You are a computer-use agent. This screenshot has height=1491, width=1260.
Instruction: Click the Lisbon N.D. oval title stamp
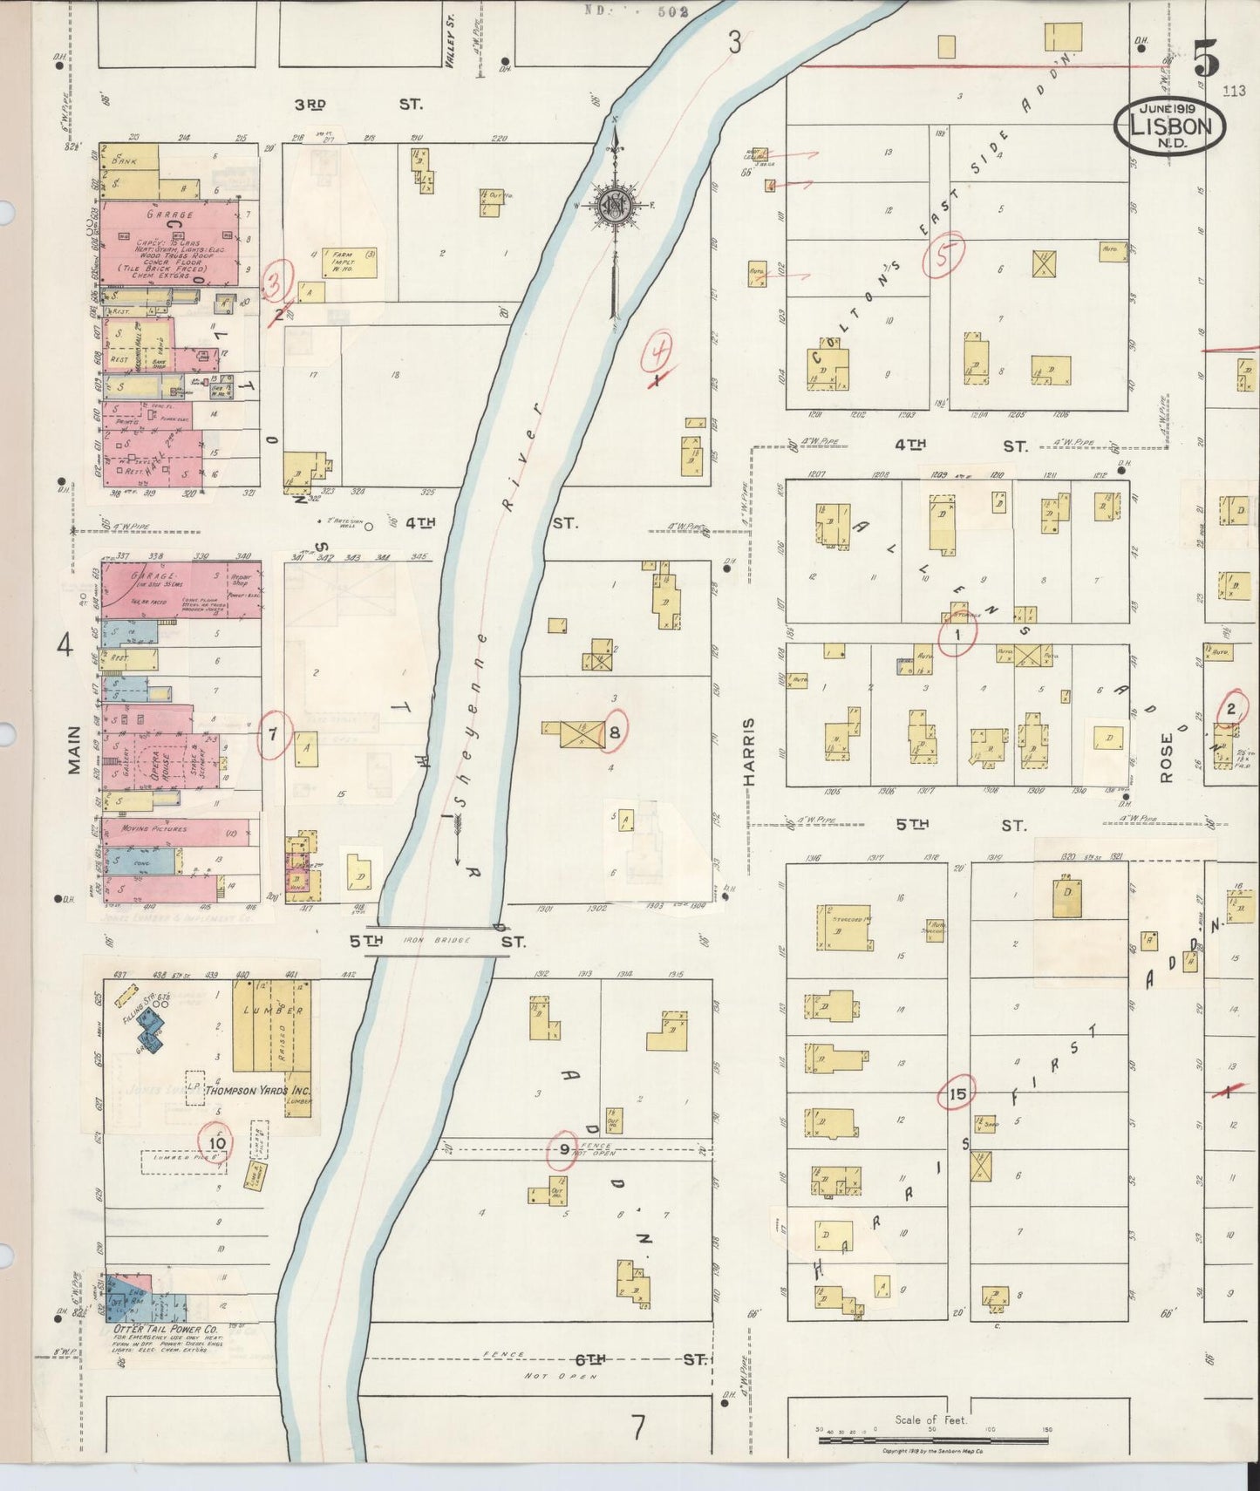(x=1169, y=124)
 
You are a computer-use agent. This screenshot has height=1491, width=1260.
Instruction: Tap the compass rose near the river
(x=615, y=207)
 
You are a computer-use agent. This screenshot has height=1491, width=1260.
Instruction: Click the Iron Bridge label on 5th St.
(x=436, y=941)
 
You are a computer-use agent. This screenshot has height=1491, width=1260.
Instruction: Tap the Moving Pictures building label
(x=153, y=828)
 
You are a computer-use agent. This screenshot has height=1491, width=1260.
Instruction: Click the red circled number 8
(x=615, y=732)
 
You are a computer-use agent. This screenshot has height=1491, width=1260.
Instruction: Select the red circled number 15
(x=957, y=1095)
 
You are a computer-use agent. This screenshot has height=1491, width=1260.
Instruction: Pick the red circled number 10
(x=217, y=1143)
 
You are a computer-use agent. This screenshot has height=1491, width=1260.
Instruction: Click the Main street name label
(x=74, y=750)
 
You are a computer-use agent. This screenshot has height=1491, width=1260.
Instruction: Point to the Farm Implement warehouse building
(x=351, y=262)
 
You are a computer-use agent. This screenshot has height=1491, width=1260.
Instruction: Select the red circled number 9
(x=564, y=1149)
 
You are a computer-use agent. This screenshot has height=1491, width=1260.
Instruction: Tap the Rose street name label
(x=1168, y=757)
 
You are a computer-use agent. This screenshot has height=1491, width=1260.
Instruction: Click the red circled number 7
(x=274, y=734)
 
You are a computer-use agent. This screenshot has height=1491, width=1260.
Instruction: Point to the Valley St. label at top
(x=451, y=50)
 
